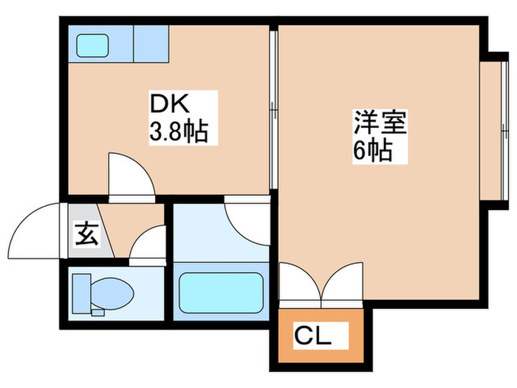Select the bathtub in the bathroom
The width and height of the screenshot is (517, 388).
pos(222,293)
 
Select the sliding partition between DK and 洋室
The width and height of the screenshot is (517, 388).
pos(273,111)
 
